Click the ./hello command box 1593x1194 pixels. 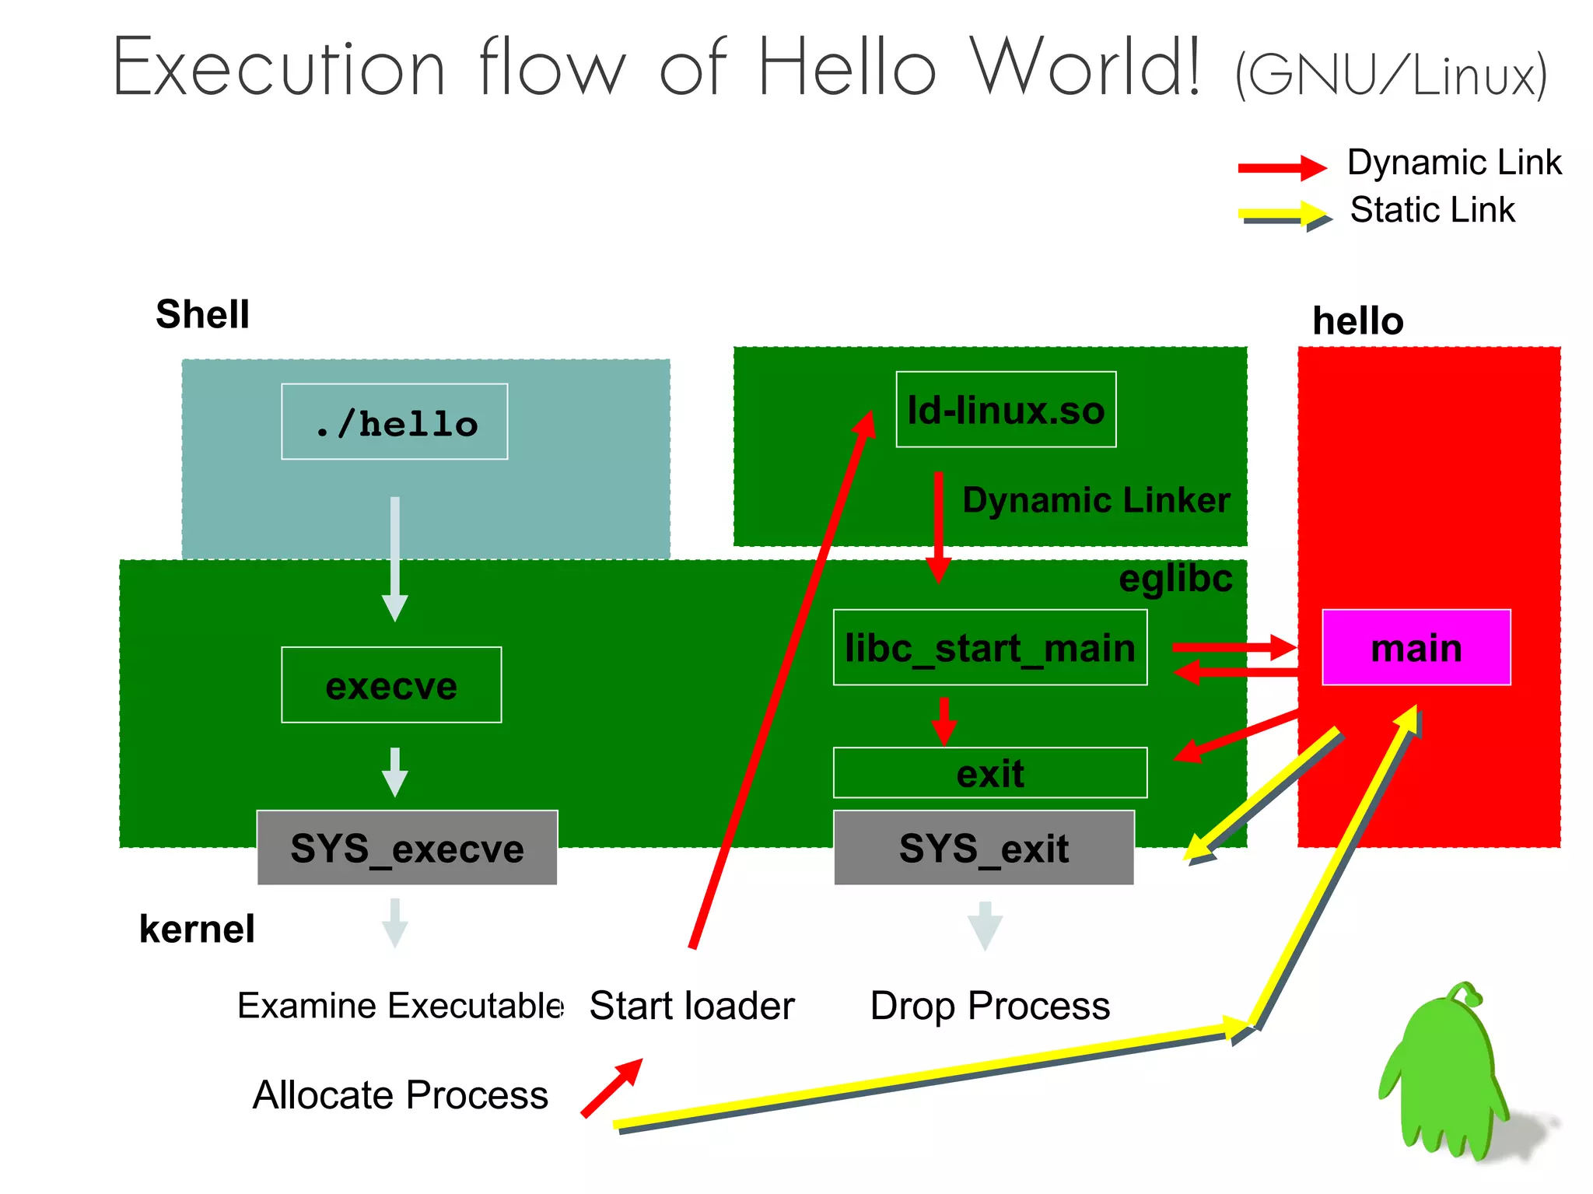point(394,422)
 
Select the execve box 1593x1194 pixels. point(391,685)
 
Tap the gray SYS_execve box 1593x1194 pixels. point(407,848)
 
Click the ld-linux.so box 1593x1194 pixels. point(1006,410)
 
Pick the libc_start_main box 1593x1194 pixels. point(989,647)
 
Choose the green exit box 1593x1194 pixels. point(989,773)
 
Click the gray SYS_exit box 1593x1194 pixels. point(983,848)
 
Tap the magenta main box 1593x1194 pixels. point(1416,647)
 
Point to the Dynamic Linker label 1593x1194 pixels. point(1096,500)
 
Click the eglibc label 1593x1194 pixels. point(1175,579)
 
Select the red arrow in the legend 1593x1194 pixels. point(1282,166)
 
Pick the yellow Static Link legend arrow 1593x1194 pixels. point(1283,214)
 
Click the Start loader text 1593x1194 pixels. point(691,1005)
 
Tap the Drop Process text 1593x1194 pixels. point(989,1005)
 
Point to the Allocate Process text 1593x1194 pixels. point(400,1094)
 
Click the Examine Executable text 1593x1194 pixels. point(400,1005)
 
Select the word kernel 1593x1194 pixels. point(197,929)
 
